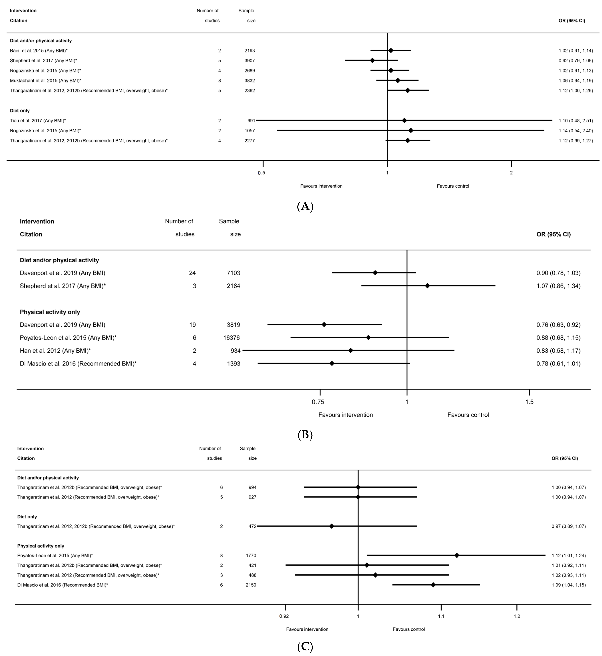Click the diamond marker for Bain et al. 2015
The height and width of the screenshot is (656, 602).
pos(391,51)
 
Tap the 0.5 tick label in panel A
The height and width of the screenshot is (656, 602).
pos(261,173)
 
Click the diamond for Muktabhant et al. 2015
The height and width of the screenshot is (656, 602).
pos(397,80)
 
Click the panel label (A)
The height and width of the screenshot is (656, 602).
pos(305,206)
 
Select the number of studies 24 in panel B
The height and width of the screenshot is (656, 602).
pos(192,273)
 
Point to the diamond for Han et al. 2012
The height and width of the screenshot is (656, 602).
pos(351,350)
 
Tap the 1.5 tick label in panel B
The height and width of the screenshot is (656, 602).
pos(529,402)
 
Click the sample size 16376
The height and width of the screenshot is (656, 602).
pos(231,338)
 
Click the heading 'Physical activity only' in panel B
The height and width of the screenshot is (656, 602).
pos(50,312)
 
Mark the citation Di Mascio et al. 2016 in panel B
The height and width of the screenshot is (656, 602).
pos(78,363)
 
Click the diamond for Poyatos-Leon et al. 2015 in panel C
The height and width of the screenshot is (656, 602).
pos(457,555)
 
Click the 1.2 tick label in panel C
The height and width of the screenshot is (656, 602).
pos(517,616)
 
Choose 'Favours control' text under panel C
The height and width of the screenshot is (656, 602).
pos(409,629)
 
